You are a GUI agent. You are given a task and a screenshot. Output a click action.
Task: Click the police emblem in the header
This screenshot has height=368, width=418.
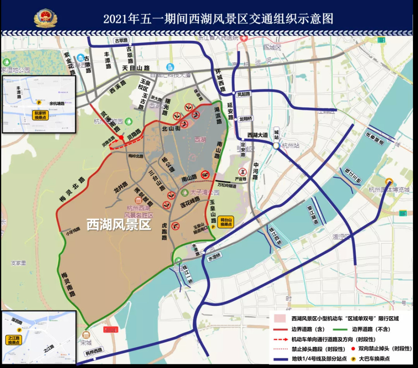click(x=45, y=19)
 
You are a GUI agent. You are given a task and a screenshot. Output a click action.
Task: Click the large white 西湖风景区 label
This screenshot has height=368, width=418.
click(x=118, y=225)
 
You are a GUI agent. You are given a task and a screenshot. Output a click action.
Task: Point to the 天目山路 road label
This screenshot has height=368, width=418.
click(x=136, y=68)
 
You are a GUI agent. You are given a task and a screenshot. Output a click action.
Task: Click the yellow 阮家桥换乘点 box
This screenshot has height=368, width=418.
click(x=41, y=115)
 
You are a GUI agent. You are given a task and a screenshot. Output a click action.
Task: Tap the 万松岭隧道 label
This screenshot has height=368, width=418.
click(x=227, y=183)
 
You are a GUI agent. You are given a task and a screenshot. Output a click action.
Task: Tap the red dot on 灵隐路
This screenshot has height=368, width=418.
click(x=121, y=137)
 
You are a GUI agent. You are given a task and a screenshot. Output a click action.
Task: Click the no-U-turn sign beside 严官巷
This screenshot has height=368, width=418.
click(x=242, y=171)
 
